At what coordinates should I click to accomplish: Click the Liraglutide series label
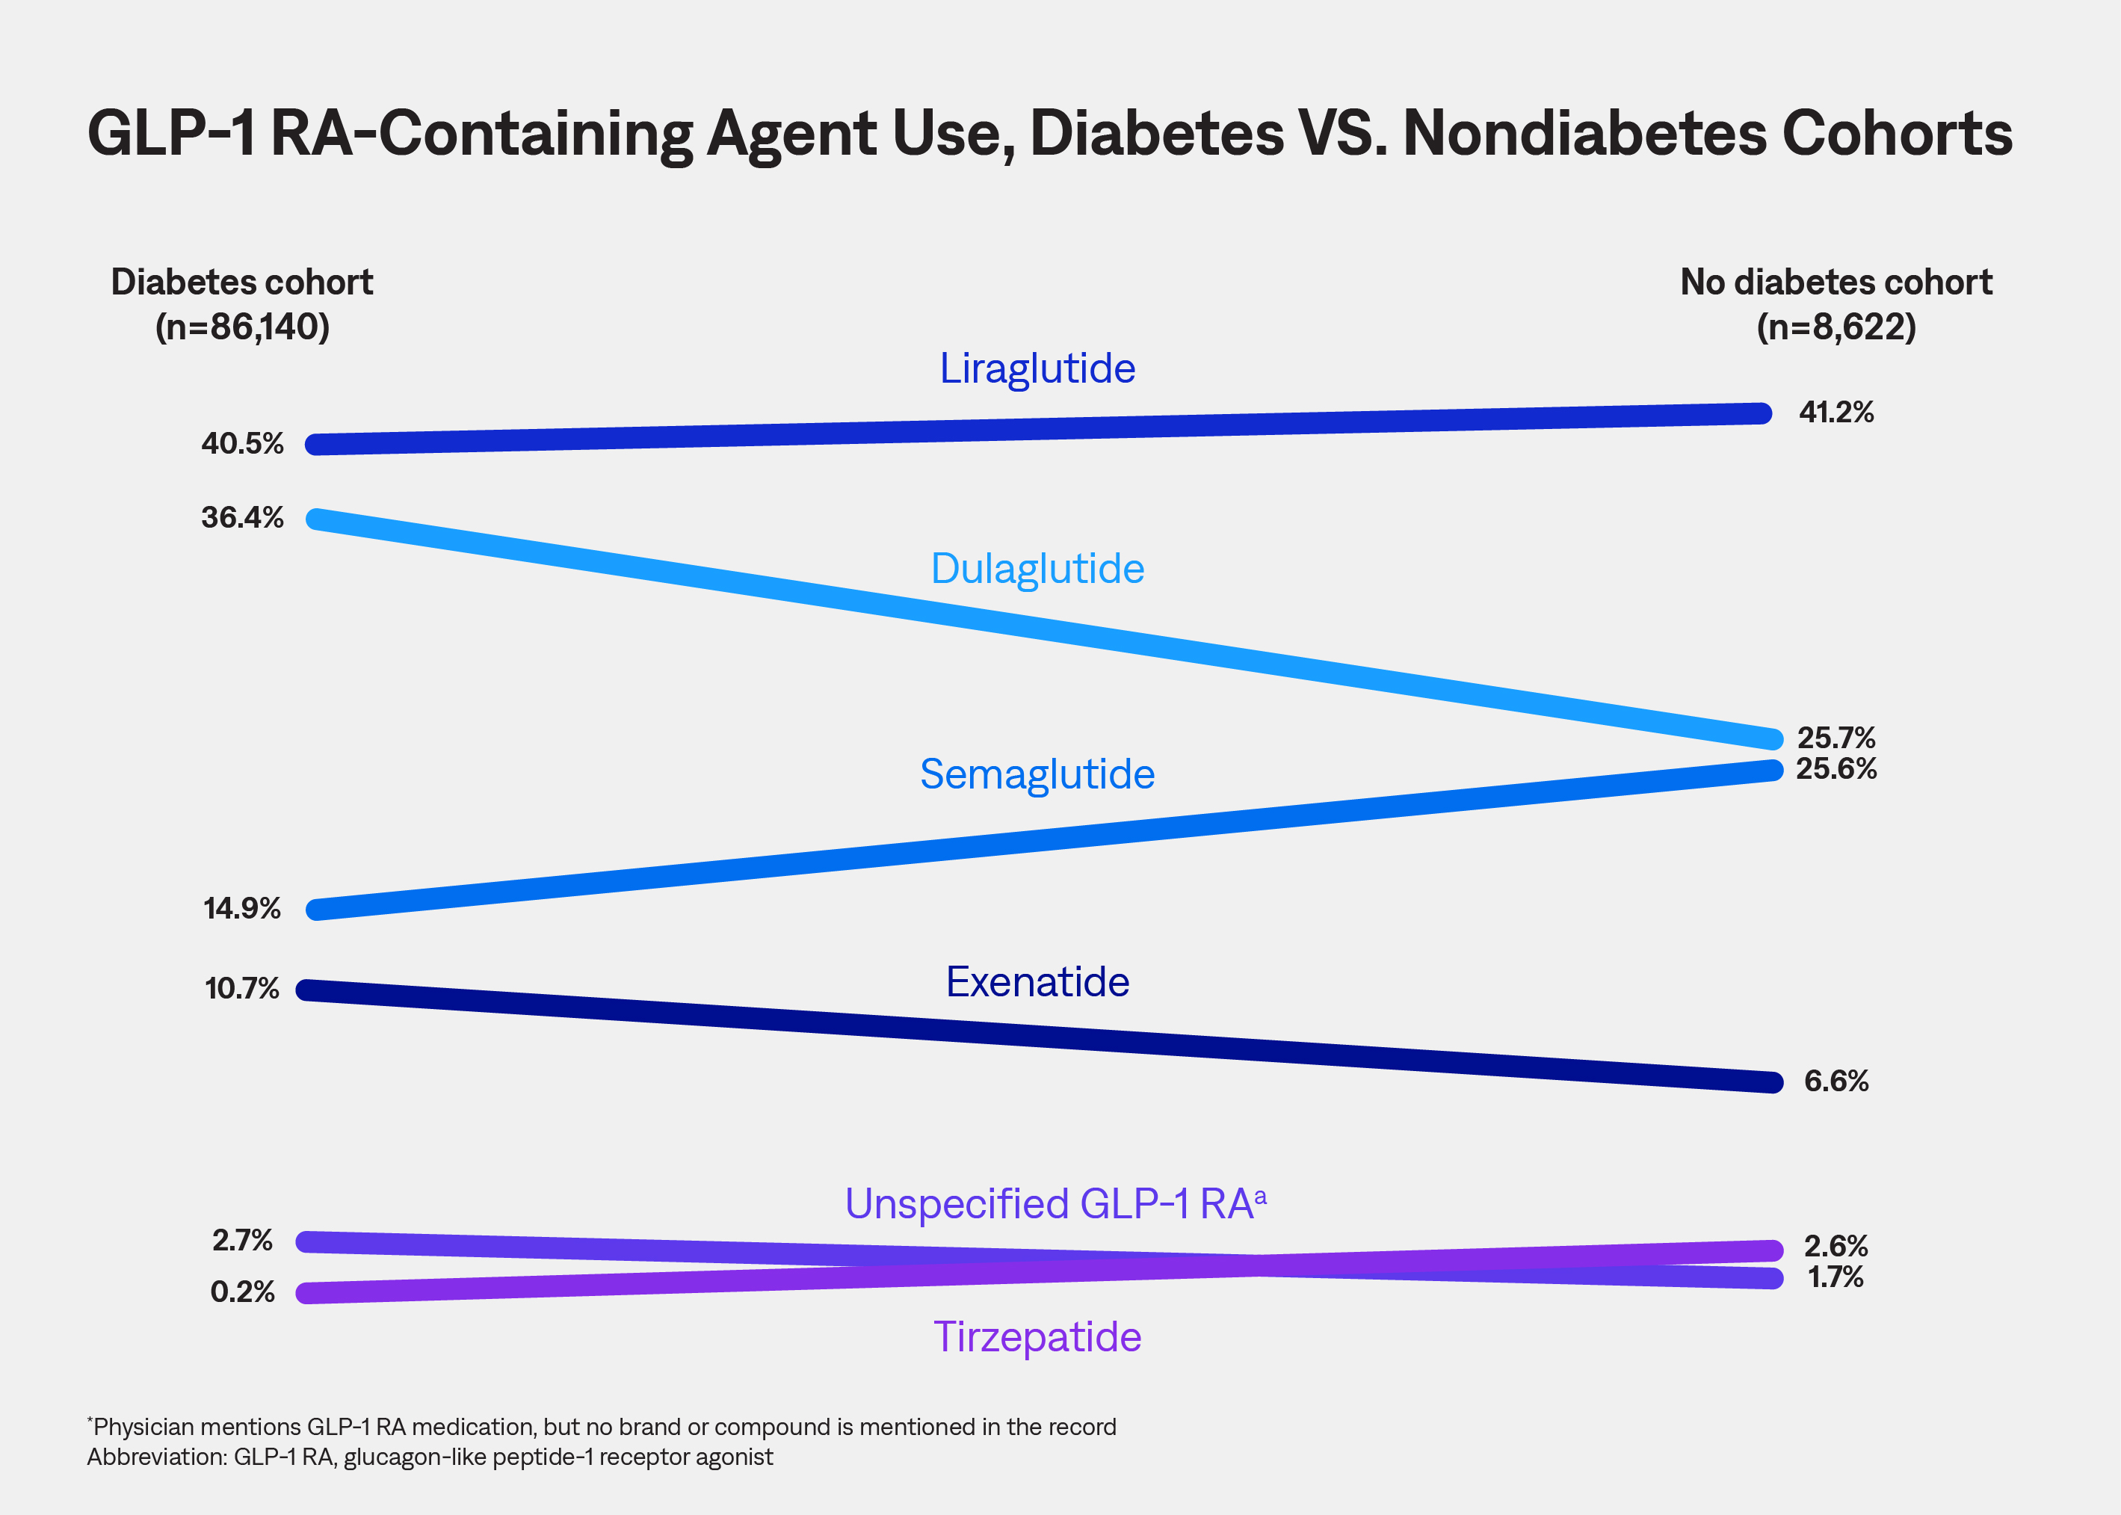(1037, 368)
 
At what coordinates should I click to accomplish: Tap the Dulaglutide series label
(1037, 569)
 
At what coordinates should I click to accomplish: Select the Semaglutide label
(1037, 774)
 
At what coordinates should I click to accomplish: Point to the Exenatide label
(1037, 982)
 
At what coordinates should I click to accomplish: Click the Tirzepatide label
(1037, 1337)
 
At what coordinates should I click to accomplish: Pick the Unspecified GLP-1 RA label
(1054, 1204)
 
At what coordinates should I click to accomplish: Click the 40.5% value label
(242, 443)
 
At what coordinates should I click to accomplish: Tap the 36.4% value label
(242, 518)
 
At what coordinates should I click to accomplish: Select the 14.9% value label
(242, 909)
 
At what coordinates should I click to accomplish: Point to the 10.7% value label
(242, 989)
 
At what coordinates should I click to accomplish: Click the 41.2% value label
(1836, 413)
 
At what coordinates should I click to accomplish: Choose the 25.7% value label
(1836, 738)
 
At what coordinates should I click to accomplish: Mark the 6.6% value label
(1836, 1082)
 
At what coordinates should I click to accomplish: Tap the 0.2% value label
(242, 1292)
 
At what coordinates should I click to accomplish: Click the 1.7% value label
(1836, 1277)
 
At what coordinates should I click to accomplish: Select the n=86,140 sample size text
(242, 327)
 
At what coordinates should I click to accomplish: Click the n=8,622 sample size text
(1836, 327)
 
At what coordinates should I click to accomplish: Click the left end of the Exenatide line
(308, 990)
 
